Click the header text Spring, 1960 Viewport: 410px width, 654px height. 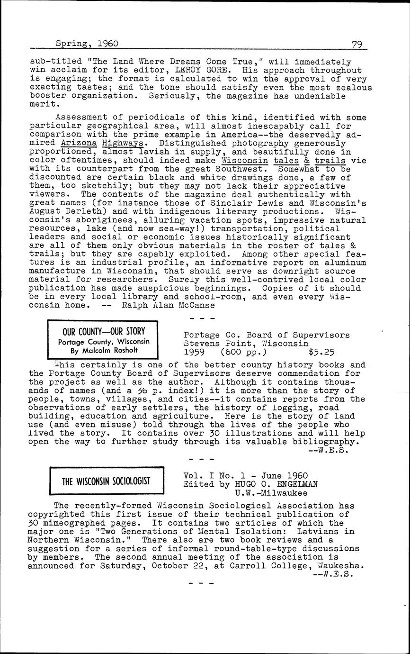[x=87, y=44]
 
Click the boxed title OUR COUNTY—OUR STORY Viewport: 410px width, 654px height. [x=104, y=331]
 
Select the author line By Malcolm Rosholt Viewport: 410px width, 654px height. [x=104, y=350]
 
